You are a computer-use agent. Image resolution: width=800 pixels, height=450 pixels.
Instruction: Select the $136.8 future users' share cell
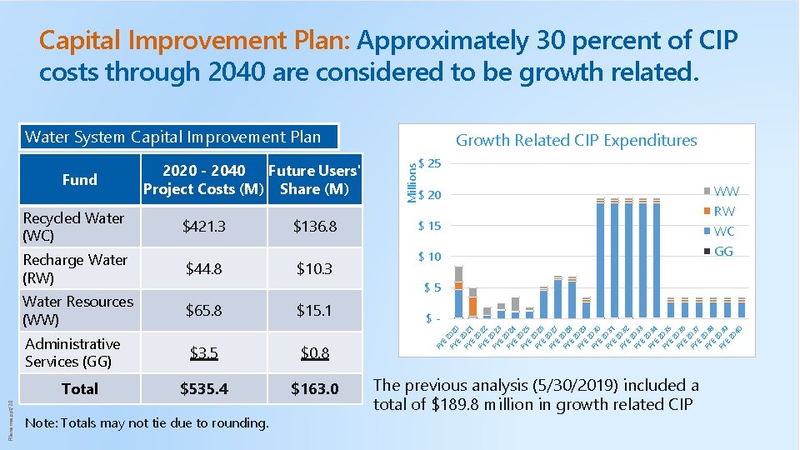click(x=314, y=227)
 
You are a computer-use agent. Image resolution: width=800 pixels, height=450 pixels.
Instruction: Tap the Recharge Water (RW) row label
click(x=75, y=268)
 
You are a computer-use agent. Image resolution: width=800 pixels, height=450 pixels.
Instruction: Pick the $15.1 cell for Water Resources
click(x=314, y=310)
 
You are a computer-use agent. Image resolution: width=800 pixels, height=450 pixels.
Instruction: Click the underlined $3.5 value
click(x=203, y=352)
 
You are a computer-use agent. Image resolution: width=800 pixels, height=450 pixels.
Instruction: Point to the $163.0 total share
click(x=314, y=389)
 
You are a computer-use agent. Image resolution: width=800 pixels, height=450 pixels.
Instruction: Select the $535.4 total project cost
click(x=204, y=389)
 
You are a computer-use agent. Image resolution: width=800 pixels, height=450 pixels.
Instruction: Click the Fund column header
click(x=80, y=179)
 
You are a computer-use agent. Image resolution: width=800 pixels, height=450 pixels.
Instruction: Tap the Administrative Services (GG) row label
click(x=73, y=352)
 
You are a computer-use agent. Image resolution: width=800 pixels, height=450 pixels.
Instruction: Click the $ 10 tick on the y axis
click(x=429, y=257)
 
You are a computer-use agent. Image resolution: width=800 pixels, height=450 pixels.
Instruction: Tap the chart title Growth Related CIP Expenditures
click(x=576, y=140)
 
